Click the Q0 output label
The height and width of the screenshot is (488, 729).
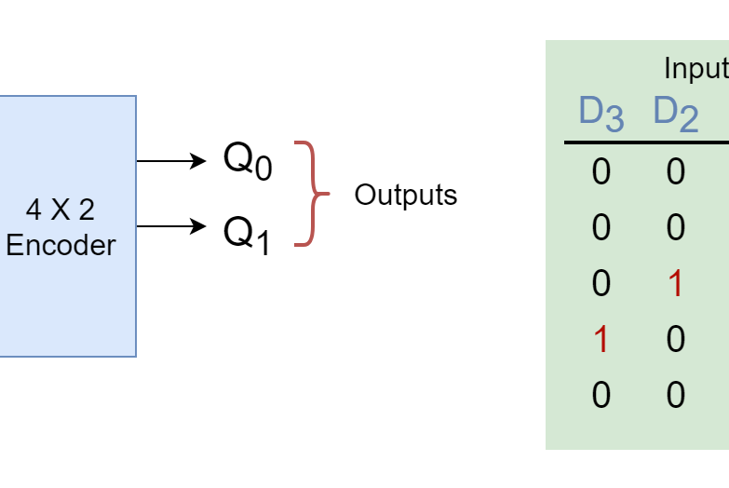248,160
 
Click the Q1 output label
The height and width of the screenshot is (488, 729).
247,235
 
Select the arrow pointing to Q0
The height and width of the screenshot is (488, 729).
171,161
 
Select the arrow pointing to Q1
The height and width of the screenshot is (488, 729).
171,226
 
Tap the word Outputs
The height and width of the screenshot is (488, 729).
406,195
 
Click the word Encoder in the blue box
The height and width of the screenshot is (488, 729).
61,245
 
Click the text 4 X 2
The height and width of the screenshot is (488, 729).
61,210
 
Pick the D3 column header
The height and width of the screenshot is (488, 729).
601,114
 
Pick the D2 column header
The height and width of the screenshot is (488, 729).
676,114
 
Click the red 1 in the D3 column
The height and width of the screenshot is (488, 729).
601,339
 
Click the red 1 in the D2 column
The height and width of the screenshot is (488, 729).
676,283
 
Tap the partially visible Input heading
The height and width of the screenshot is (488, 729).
696,70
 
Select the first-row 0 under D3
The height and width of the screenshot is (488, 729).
601,171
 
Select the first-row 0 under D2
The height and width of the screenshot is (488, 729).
676,171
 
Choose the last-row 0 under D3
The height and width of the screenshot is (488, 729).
601,395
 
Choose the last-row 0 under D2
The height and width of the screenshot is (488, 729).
676,395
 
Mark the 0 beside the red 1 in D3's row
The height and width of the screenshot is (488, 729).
676,339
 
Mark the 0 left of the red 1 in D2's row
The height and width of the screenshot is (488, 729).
601,283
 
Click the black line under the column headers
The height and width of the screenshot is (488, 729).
646,142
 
